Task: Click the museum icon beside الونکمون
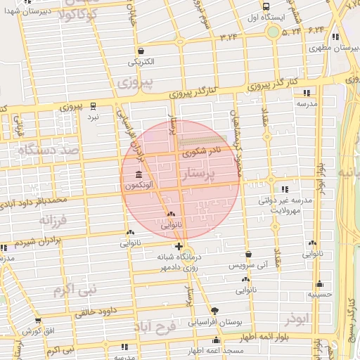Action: click(136, 175)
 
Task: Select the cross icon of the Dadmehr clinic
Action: click(179, 247)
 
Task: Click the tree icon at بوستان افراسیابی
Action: click(214, 311)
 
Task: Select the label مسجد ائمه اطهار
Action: click(215, 350)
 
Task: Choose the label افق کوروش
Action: click(37, 330)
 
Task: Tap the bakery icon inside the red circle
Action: click(171, 214)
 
